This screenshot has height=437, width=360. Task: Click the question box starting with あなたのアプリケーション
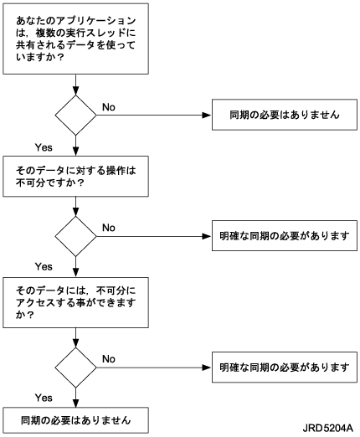click(x=75, y=39)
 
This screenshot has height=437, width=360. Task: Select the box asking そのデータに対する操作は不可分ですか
click(x=75, y=176)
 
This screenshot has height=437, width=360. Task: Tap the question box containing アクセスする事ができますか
click(x=75, y=302)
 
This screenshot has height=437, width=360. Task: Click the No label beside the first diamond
click(x=109, y=107)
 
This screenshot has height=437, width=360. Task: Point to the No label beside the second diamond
click(x=109, y=228)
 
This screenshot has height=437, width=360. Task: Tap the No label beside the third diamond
click(x=109, y=359)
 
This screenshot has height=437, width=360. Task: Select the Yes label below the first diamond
click(x=44, y=147)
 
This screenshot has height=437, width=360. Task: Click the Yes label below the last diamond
click(x=44, y=398)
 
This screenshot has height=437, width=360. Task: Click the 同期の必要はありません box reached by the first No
click(x=285, y=115)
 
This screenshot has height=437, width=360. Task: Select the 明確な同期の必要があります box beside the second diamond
click(x=285, y=236)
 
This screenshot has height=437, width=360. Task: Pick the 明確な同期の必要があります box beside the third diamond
click(x=285, y=368)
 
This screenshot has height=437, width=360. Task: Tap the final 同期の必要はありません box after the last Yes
click(x=75, y=420)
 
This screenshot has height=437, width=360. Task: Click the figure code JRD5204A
click(x=328, y=428)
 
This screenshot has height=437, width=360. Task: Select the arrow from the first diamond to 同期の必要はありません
click(x=154, y=115)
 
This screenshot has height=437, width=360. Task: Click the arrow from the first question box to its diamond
click(x=75, y=85)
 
